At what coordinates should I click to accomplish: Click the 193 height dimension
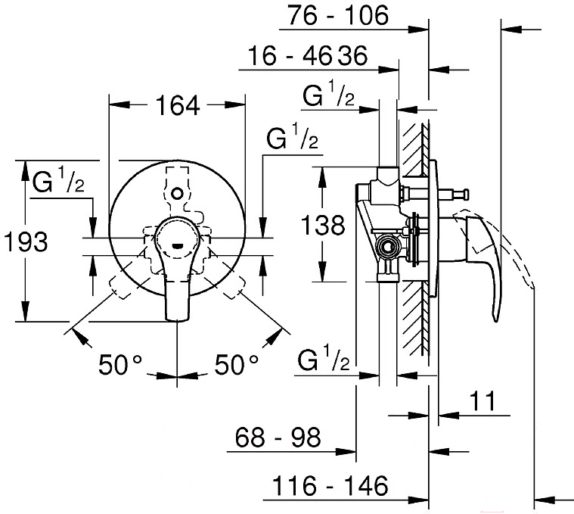[x=25, y=242]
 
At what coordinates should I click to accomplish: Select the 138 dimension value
[x=323, y=224]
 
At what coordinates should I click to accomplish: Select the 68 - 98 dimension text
[x=278, y=437]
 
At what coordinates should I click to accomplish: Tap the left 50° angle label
[x=121, y=365]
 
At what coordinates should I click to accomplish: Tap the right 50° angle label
[x=237, y=365]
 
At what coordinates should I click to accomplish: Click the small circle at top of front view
[x=177, y=193]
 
